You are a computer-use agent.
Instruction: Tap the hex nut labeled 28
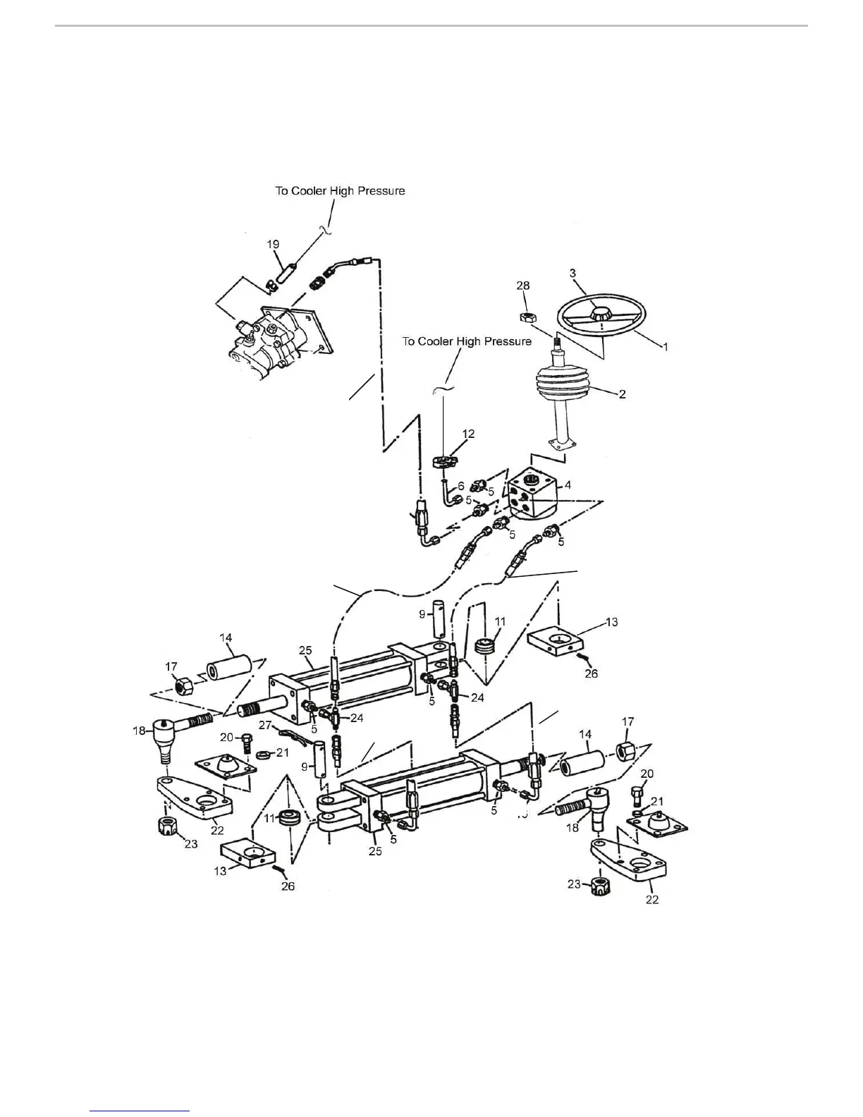pyautogui.click(x=525, y=317)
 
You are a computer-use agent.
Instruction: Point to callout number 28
pyautogui.click(x=522, y=286)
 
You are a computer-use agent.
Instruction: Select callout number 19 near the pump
pyautogui.click(x=273, y=244)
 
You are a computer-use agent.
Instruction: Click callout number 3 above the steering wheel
pyautogui.click(x=573, y=273)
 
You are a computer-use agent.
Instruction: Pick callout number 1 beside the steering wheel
pyautogui.click(x=663, y=346)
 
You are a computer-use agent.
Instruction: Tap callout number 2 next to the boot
pyautogui.click(x=622, y=394)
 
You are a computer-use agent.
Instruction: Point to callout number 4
pyautogui.click(x=567, y=484)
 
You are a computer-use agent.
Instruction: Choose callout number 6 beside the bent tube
pyautogui.click(x=461, y=486)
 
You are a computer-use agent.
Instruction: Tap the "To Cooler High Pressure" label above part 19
pyautogui.click(x=340, y=190)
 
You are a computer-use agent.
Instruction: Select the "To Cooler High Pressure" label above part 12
pyautogui.click(x=467, y=341)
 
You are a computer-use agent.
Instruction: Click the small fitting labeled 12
pyautogui.click(x=443, y=462)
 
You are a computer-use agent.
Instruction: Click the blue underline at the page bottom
pyautogui.click(x=140, y=1111)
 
